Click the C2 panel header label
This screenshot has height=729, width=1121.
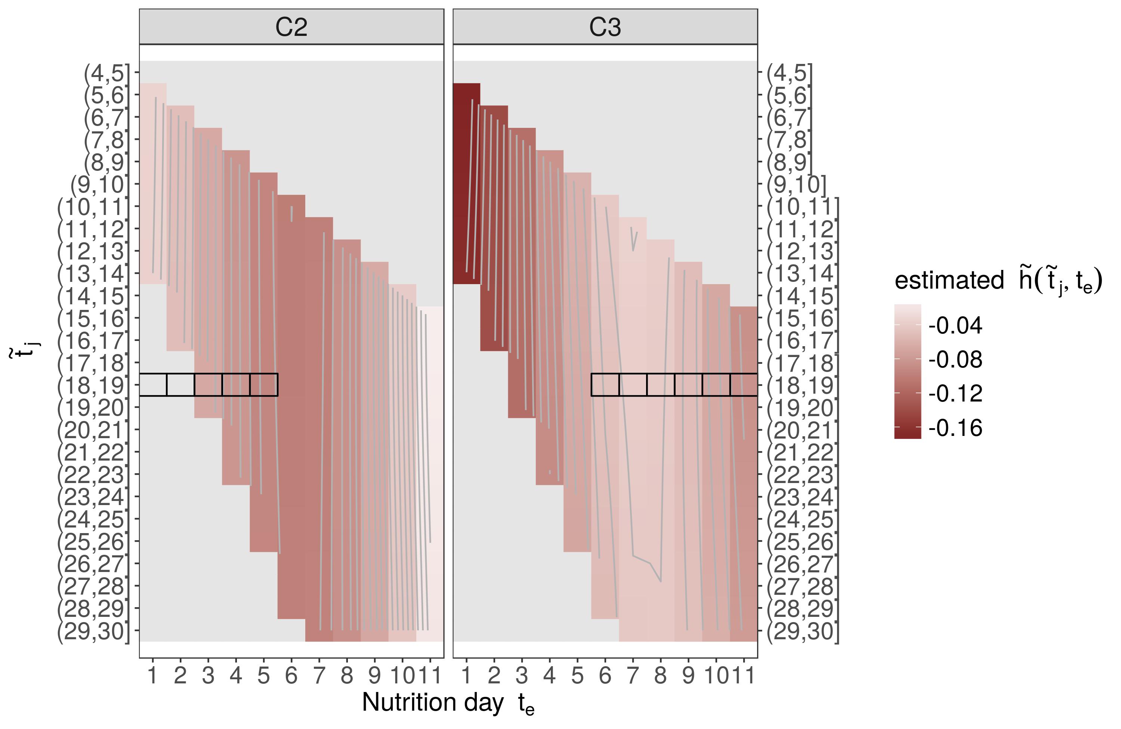point(291,27)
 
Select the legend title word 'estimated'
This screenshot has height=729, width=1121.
point(949,280)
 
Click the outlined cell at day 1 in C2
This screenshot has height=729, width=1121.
point(153,385)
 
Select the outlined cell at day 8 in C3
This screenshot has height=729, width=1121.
point(660,385)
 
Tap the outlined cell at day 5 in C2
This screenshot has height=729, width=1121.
point(264,385)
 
